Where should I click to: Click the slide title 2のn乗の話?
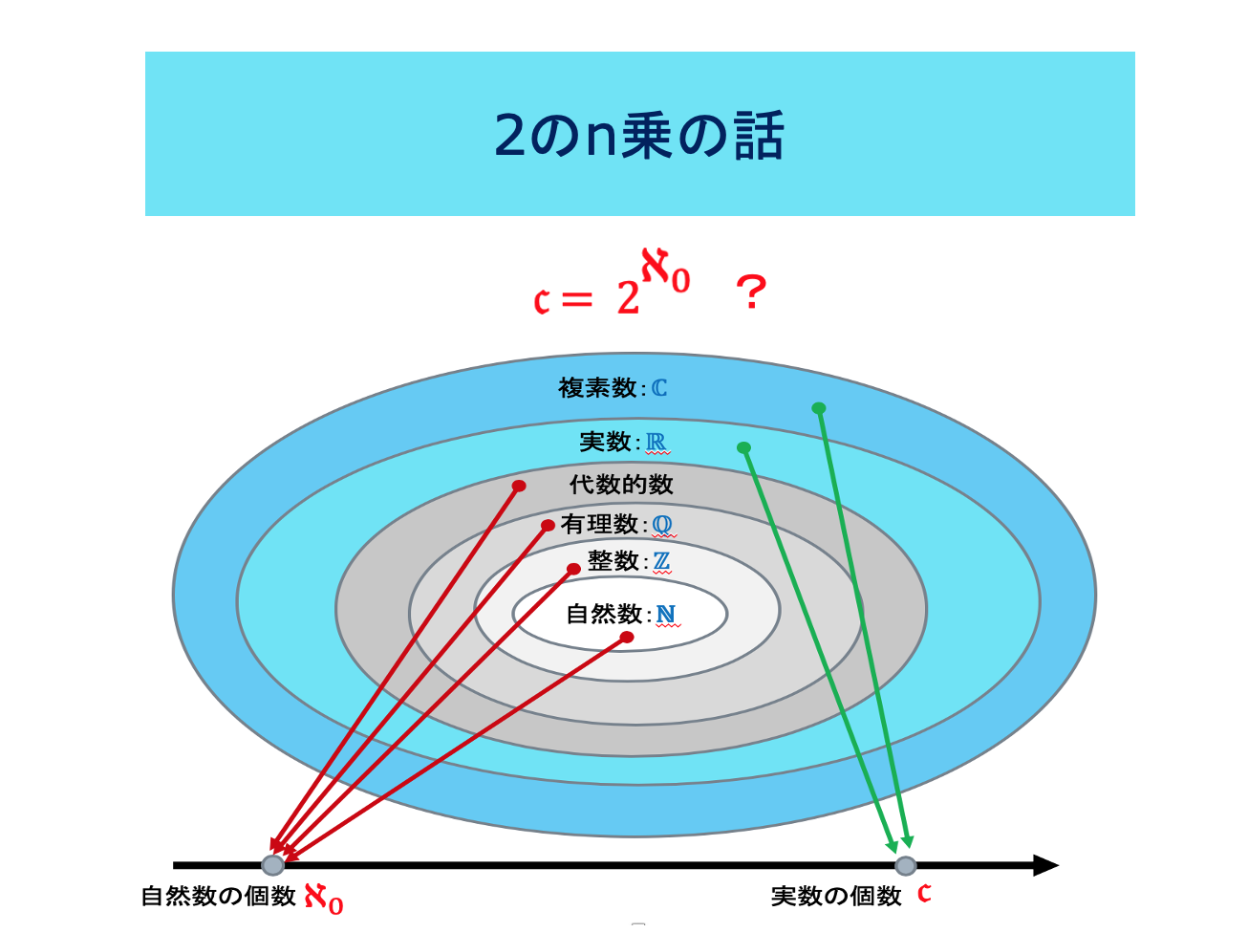638,136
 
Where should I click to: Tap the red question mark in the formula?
751,292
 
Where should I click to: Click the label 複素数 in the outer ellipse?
597,388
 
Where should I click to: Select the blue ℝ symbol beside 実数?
656,442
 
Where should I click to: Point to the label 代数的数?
621,485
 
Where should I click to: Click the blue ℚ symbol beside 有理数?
662,524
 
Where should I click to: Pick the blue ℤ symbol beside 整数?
661,561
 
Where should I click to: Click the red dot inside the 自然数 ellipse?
627,638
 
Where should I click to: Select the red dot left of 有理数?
548,526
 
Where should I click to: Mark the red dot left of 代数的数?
519,487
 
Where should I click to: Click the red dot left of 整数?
573,569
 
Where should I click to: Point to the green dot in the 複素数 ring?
819,408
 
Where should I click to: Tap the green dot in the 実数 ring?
743,448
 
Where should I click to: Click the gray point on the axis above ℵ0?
272,865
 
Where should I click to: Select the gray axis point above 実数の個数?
906,866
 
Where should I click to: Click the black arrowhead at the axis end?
1045,865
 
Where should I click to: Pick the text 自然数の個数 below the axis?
218,897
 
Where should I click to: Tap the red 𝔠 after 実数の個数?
924,894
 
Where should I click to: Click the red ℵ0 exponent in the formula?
665,271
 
